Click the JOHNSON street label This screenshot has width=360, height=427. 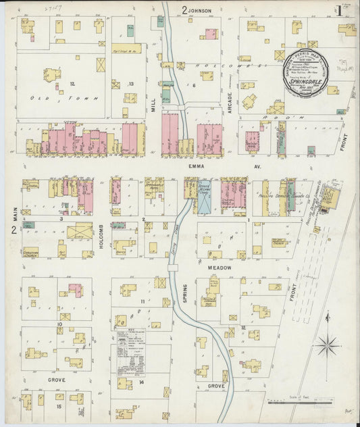point(200,11)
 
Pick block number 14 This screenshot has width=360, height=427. point(141,382)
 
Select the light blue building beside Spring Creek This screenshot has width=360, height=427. point(204,197)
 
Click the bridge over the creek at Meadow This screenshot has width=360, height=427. point(174,268)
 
